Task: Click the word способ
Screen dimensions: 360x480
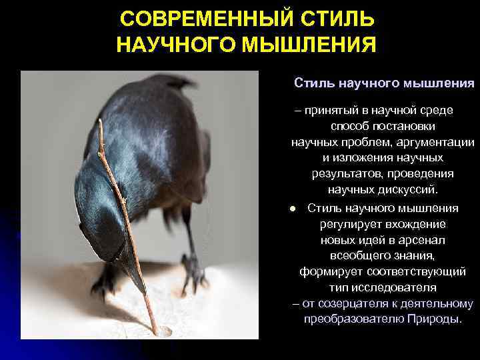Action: pos(347,126)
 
